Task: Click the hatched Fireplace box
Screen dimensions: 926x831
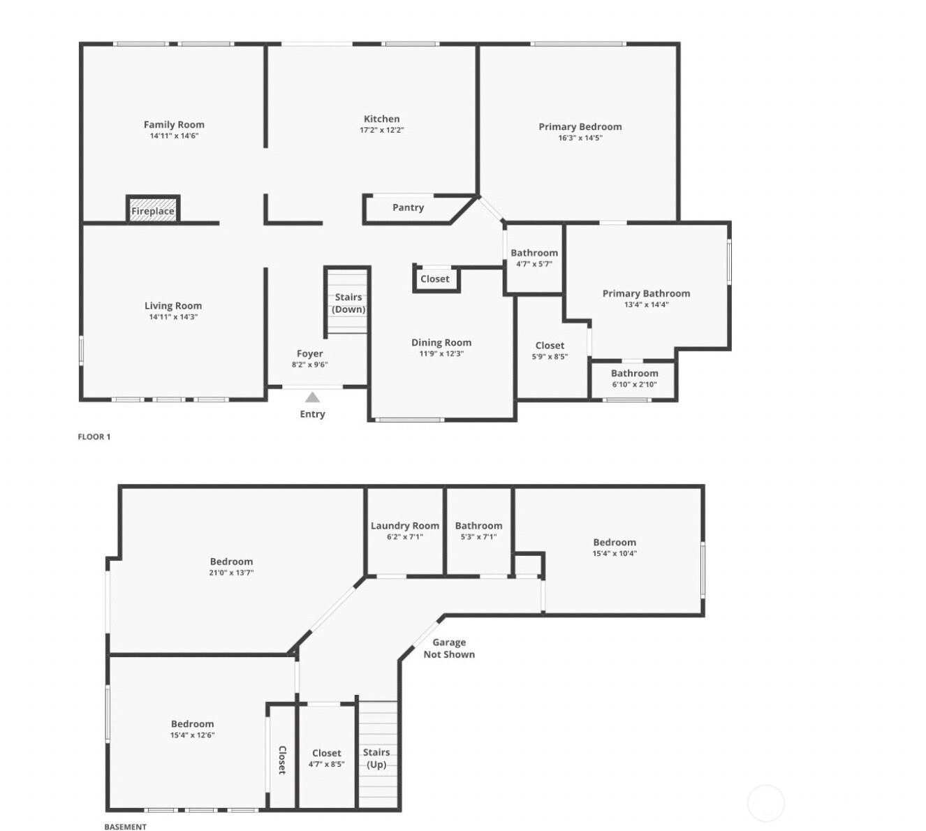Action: pos(153,209)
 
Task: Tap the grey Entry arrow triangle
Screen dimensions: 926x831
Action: pos(312,397)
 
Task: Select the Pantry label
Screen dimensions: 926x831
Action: pos(408,207)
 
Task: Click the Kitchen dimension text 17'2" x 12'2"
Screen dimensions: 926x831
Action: pos(382,130)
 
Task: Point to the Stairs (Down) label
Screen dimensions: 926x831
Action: pos(348,303)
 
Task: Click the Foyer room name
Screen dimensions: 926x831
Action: pos(310,353)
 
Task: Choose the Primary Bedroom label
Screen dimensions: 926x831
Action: pos(580,127)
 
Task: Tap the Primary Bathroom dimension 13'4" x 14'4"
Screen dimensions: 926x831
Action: pos(646,304)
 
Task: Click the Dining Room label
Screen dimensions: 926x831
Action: pos(441,342)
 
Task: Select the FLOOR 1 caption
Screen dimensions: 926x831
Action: pos(94,436)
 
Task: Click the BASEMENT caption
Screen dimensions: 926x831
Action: pos(125,826)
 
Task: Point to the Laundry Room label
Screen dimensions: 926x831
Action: pos(405,526)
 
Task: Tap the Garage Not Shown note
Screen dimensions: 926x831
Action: pos(449,648)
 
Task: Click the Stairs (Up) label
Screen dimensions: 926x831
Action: pos(376,758)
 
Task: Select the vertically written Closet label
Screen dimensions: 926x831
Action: pos(282,760)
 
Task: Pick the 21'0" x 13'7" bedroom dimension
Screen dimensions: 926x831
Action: pos(231,573)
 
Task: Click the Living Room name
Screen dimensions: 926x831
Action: pos(173,306)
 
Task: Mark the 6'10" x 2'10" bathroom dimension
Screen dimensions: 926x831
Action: pos(634,384)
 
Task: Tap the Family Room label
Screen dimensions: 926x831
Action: pos(174,125)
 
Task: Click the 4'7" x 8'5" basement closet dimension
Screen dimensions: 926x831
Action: pos(326,764)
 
